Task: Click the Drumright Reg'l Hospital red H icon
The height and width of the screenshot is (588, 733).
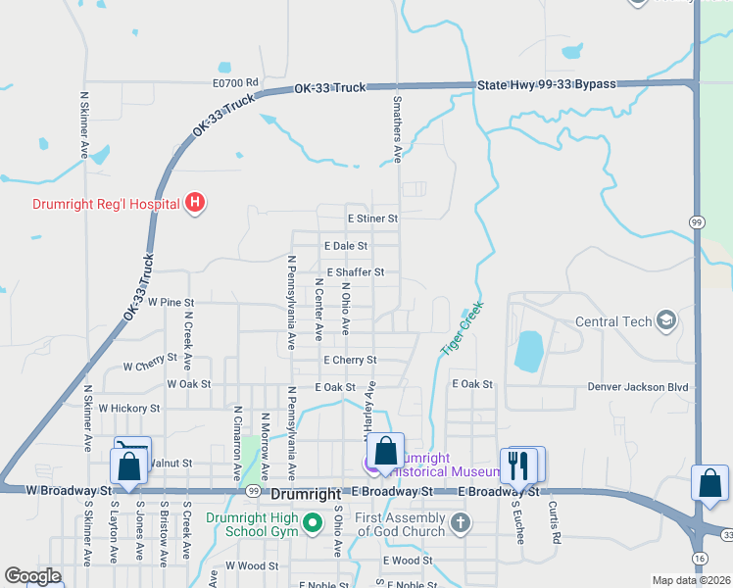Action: coord(195,203)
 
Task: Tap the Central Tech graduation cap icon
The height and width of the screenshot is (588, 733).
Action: coord(666,320)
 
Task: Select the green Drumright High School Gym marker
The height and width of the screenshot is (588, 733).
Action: coord(314,524)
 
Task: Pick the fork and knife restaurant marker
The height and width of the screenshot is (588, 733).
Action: coord(520,464)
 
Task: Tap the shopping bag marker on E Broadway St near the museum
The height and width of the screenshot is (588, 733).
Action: coord(386,452)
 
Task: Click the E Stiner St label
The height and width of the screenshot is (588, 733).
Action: coord(372,219)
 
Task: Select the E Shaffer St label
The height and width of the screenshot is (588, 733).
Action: coord(356,271)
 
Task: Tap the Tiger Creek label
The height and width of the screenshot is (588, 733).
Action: coord(462,328)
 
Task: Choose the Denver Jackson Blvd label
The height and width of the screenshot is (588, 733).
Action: coord(638,387)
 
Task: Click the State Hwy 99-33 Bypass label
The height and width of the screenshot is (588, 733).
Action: coord(547,85)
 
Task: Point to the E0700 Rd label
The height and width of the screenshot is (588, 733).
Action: coord(235,83)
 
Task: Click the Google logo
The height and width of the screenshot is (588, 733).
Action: coord(33,576)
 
